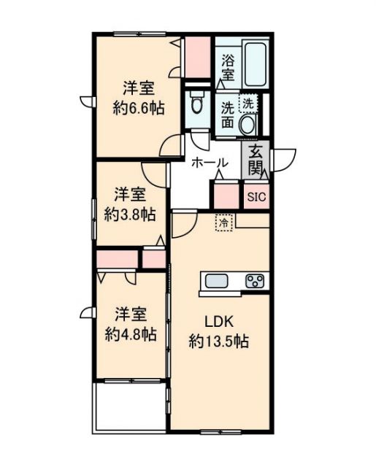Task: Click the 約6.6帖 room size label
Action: point(137,108)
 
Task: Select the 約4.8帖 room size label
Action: point(130,334)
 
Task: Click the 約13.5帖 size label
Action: point(219,340)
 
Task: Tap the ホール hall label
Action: point(210,163)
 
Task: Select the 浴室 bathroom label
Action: point(227,67)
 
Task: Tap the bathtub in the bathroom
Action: point(254,63)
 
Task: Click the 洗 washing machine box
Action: point(249,104)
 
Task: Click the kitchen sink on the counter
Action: point(218,281)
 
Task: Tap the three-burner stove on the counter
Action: point(256,281)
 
